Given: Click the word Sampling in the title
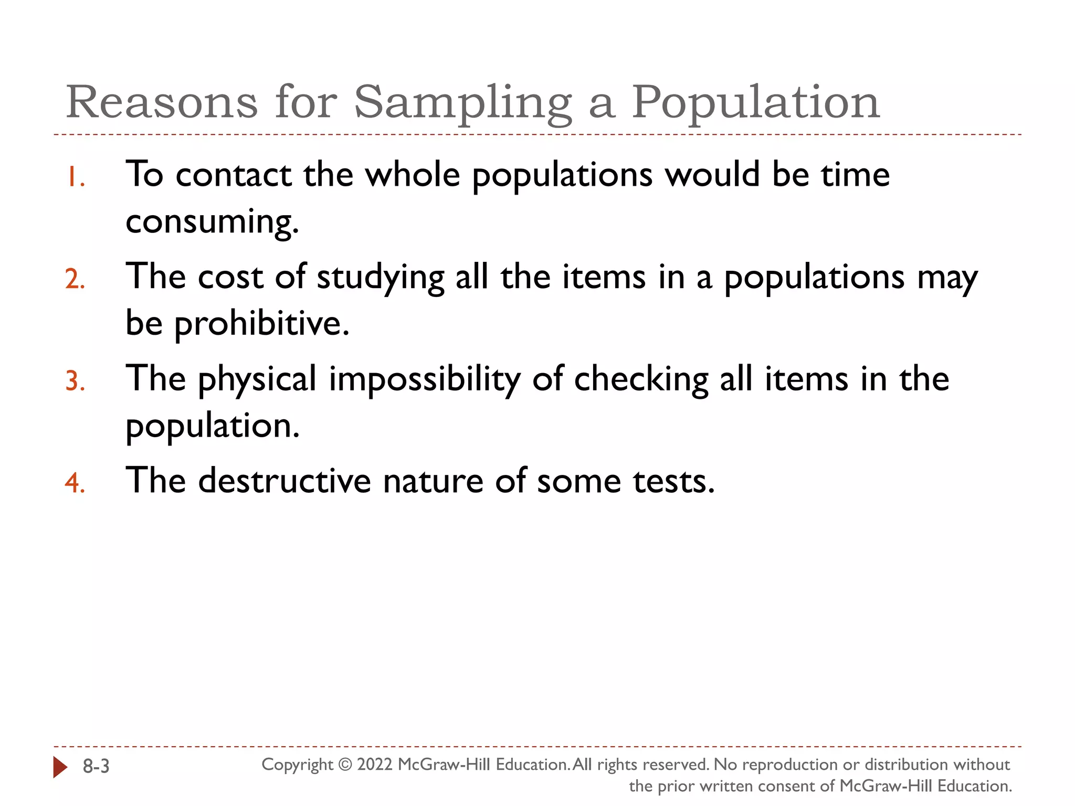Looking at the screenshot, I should click(462, 103).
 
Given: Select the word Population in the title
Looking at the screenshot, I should click(755, 103).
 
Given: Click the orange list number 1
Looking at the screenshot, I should click(76, 177).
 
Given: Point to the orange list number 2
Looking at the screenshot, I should click(75, 279).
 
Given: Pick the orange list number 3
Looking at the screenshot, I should click(75, 381).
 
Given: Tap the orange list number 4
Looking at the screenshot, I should click(75, 483).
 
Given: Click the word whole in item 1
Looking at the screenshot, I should click(412, 174).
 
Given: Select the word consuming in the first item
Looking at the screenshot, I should click(212, 221).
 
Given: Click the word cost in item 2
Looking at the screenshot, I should click(230, 277).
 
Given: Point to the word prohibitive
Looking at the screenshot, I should click(261, 323).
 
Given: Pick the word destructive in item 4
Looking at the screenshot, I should click(284, 481).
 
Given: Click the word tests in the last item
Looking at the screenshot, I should click(673, 481).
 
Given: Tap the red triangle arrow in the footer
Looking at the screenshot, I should click(60, 767).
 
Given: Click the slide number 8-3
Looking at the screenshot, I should click(96, 767).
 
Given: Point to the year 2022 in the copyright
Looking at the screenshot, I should click(375, 765).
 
